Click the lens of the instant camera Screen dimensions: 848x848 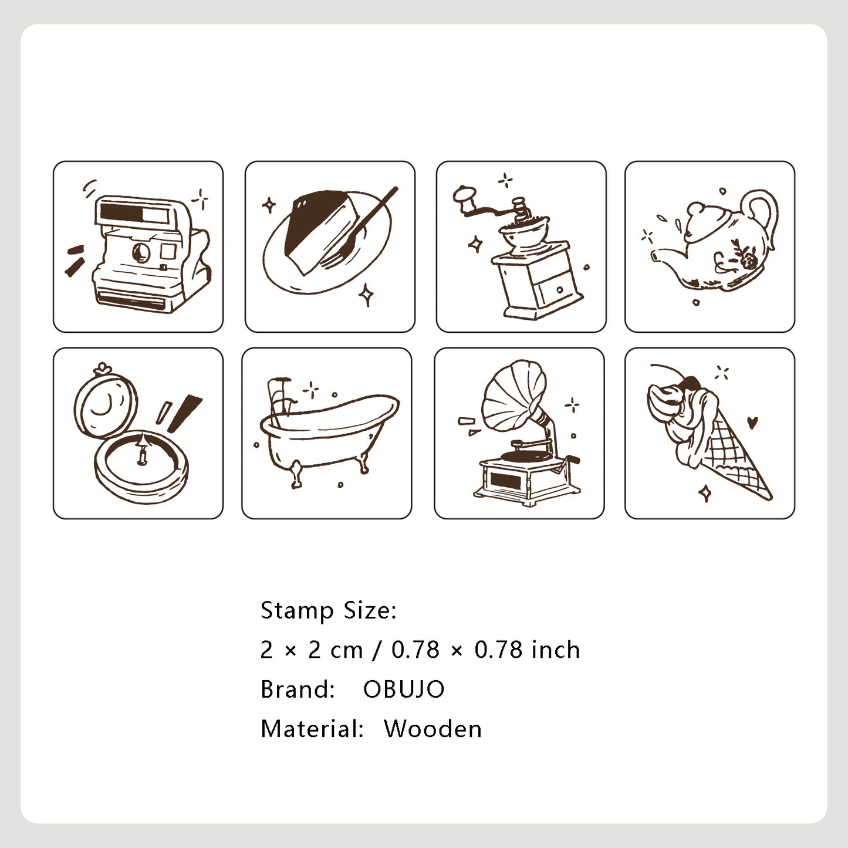point(140,252)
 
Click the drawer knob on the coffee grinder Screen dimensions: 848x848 point(559,289)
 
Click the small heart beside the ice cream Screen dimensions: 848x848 point(754,421)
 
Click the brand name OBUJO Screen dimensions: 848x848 point(404,690)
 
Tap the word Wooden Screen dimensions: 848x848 point(433,729)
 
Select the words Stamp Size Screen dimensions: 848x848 point(328,610)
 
